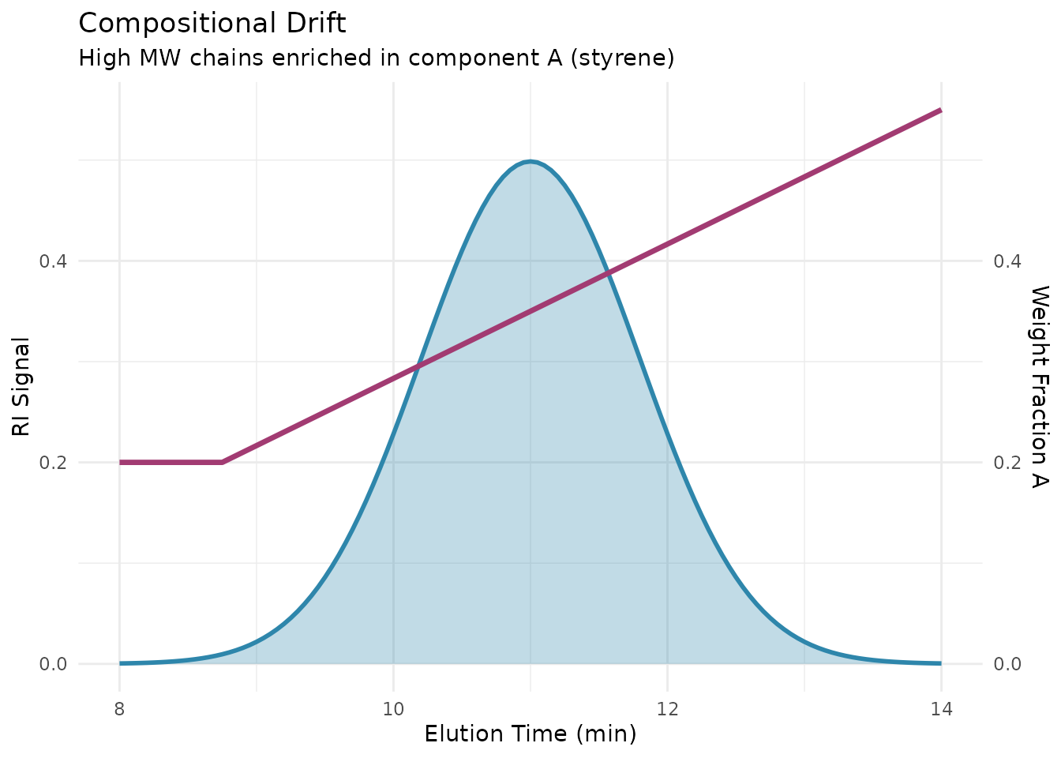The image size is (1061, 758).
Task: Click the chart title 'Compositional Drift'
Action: pos(212,24)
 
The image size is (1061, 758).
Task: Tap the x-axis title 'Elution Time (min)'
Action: pos(530,734)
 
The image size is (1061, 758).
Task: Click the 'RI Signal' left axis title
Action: pos(21,387)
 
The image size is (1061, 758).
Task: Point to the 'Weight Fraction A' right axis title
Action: pos(1040,387)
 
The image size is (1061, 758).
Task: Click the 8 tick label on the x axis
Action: pos(120,708)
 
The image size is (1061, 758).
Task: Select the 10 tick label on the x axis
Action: pos(393,708)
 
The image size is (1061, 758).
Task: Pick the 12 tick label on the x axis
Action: pos(667,708)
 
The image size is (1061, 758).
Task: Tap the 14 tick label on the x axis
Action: pos(940,708)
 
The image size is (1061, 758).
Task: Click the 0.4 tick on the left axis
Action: pos(53,261)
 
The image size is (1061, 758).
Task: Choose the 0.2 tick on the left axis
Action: pos(53,463)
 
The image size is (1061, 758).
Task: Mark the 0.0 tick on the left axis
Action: pos(53,664)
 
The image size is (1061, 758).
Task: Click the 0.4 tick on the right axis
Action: pos(1007,261)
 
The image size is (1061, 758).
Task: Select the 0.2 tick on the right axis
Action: pos(1007,463)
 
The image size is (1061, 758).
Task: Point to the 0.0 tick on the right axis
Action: pos(1007,664)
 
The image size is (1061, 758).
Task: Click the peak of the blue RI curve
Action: pos(530,161)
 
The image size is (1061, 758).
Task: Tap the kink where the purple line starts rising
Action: pos(222,462)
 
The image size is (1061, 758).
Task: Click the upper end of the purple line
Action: pos(940,111)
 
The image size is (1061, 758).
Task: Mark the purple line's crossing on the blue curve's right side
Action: pos(608,274)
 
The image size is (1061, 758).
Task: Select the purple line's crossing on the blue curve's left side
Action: pos(418,366)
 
